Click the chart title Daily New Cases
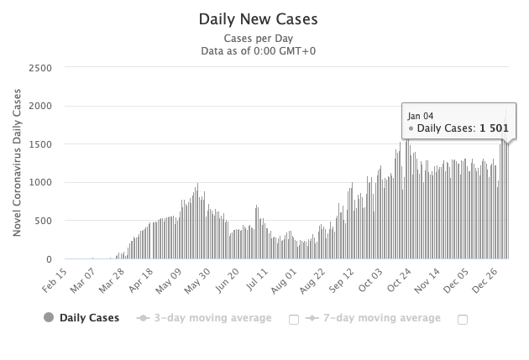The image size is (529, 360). point(259,18)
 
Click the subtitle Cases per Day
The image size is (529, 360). point(259,38)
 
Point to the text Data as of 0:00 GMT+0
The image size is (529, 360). point(259,50)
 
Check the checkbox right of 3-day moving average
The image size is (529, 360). point(294,319)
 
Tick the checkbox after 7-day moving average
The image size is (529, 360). point(463,319)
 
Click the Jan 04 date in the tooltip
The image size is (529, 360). point(421,115)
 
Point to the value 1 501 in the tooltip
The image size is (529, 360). point(492,128)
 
